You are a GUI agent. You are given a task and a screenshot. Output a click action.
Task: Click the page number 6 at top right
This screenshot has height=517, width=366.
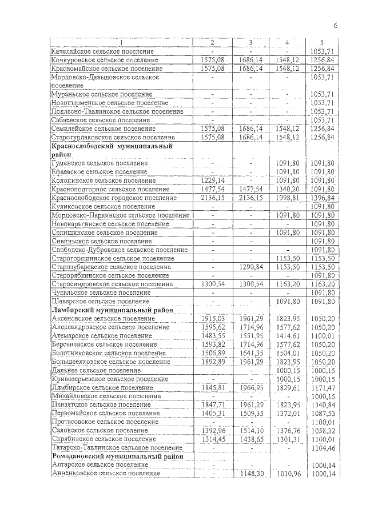pyautogui.click(x=336, y=25)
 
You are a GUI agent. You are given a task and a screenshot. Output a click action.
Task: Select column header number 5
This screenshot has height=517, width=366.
pyautogui.click(x=322, y=42)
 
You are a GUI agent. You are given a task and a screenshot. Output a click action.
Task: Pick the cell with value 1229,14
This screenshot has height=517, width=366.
pyautogui.click(x=212, y=180)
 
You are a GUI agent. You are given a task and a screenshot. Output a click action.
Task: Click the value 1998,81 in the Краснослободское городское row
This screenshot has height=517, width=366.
pyautogui.click(x=287, y=198)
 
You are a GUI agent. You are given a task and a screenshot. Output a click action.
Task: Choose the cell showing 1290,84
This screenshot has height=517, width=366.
pyautogui.click(x=250, y=267)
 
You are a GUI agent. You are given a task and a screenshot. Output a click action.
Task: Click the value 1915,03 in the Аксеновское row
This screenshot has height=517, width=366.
pyautogui.click(x=212, y=318)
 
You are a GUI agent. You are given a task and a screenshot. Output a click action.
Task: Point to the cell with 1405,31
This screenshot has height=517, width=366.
pyautogui.click(x=212, y=413)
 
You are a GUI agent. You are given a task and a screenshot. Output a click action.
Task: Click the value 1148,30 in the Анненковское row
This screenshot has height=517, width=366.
pyautogui.click(x=250, y=474)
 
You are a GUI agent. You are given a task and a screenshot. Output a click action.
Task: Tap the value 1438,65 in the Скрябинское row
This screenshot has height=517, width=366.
pyautogui.click(x=250, y=439)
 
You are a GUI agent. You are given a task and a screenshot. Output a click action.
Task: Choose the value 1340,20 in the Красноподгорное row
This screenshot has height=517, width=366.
pyautogui.click(x=287, y=189)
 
